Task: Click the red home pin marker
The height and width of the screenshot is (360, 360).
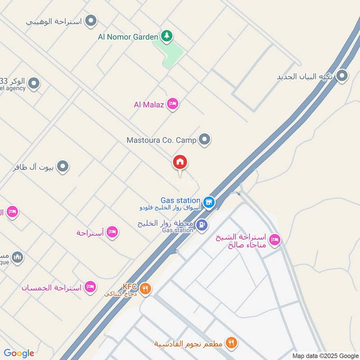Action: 180,162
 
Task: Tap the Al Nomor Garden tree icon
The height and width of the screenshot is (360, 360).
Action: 167,36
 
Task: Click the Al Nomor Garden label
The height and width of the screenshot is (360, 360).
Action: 128,36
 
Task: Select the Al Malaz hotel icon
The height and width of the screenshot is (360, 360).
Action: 172,104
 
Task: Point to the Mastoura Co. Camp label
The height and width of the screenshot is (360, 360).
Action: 162,140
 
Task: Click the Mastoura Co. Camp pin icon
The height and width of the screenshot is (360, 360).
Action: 205,139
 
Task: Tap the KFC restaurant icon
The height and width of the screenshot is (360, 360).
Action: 145,288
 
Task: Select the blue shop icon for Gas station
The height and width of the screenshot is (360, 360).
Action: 208,202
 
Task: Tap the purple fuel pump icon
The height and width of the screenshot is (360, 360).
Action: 202,224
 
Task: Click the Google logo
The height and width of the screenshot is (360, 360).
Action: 19,353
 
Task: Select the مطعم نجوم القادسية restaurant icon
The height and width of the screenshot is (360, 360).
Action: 231,343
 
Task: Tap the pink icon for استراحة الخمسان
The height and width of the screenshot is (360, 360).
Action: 91,287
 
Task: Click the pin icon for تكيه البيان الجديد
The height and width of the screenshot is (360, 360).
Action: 342,76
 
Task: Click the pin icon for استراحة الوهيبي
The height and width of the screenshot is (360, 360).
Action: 91,21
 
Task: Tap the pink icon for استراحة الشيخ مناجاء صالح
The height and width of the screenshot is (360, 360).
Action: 274,240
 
